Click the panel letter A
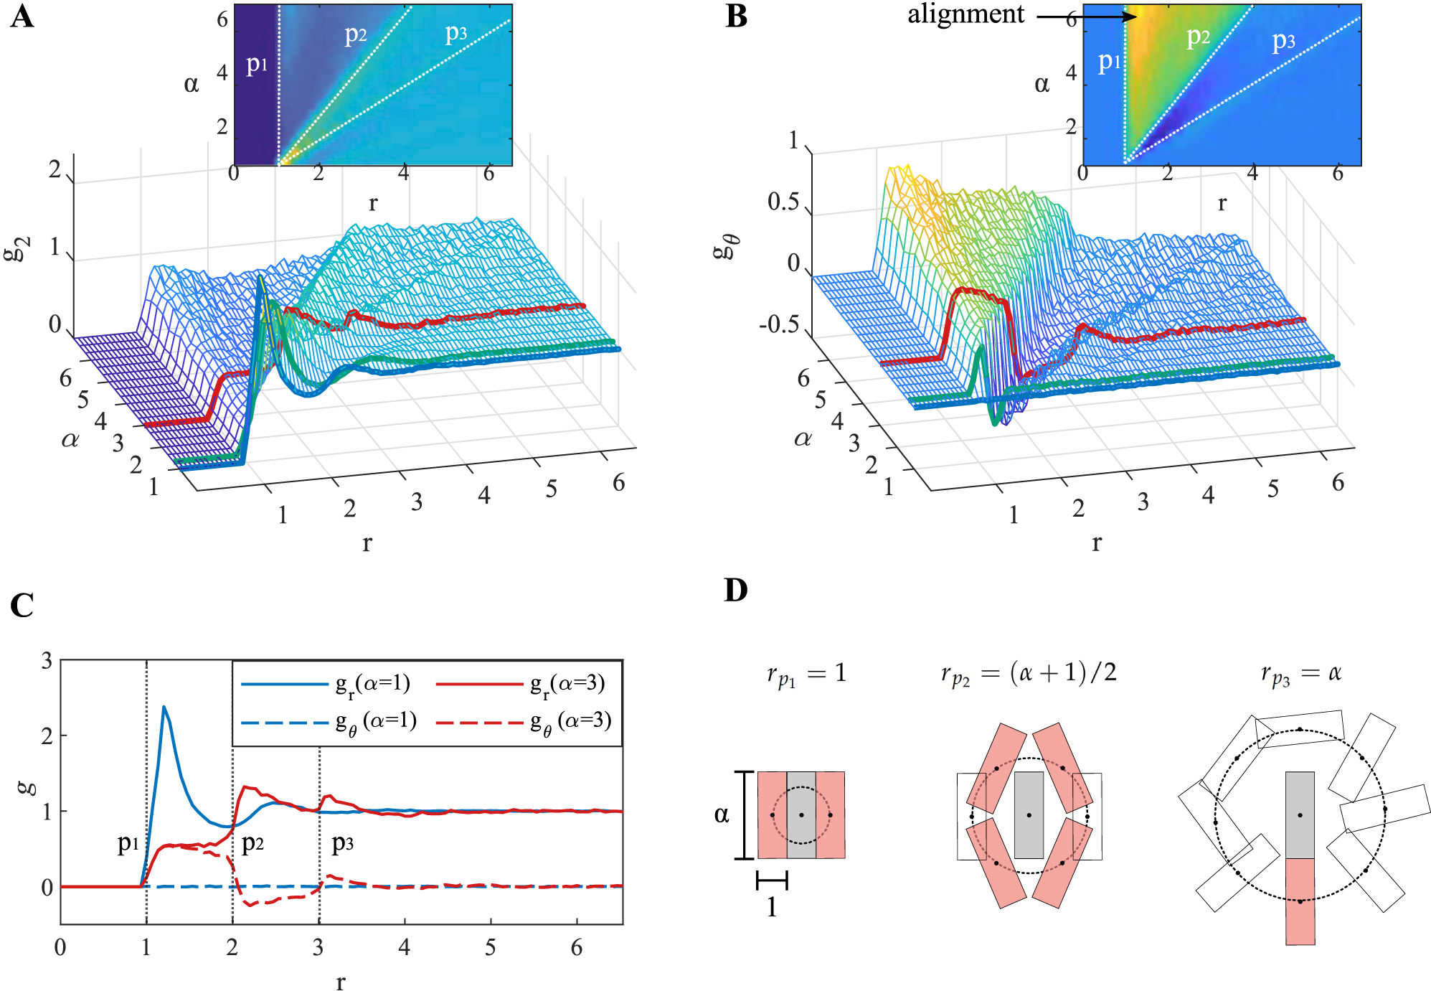[x=22, y=16]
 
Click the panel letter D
[x=736, y=590]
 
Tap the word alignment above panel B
[x=965, y=14]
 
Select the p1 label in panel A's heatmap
[x=257, y=65]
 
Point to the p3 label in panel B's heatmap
[x=1283, y=41]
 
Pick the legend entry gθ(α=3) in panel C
[x=524, y=721]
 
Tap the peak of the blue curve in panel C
[x=164, y=708]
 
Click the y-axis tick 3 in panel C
[x=47, y=660]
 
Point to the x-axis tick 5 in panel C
[x=490, y=948]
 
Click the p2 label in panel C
[x=252, y=842]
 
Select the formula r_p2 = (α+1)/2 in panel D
[x=1029, y=674]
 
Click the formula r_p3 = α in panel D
[x=1300, y=674]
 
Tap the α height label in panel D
[x=722, y=814]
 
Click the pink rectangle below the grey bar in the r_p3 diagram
[x=1300, y=901]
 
